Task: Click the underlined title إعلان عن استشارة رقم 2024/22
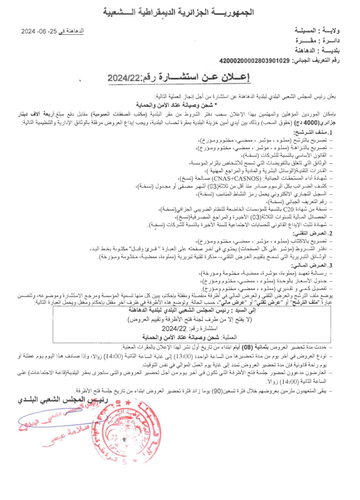click(180, 77)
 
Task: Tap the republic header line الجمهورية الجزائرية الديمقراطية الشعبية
click(180, 10)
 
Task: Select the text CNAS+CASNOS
click(195, 179)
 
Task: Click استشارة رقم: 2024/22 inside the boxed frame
click(181, 329)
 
